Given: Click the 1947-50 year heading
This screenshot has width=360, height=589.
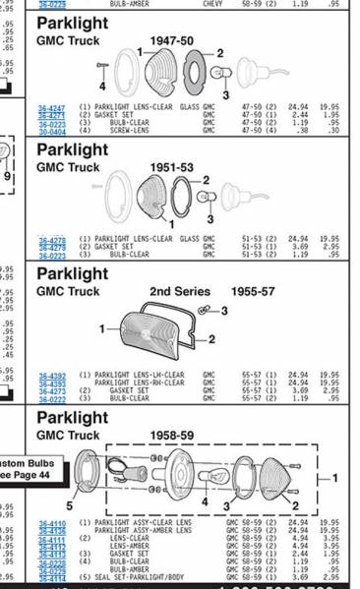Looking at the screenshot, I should pos(170,41).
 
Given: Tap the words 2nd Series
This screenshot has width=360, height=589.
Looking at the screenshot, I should pos(175,292).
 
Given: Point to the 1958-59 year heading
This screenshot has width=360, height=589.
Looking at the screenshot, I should pos(171,435).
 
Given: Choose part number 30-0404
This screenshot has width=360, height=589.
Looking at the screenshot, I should pos(52,129).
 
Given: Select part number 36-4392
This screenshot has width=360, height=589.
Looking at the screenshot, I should pos(52,375).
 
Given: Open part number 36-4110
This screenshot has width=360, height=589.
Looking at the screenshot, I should pos(52,522).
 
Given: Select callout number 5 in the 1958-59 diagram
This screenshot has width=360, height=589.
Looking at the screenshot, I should pos(69,504).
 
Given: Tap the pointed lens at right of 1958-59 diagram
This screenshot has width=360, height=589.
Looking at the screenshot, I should pos(296,478).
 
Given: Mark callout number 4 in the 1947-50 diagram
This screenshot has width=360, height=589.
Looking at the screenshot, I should pos(102,88).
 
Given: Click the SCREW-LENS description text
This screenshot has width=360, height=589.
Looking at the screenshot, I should pos(129,129).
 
